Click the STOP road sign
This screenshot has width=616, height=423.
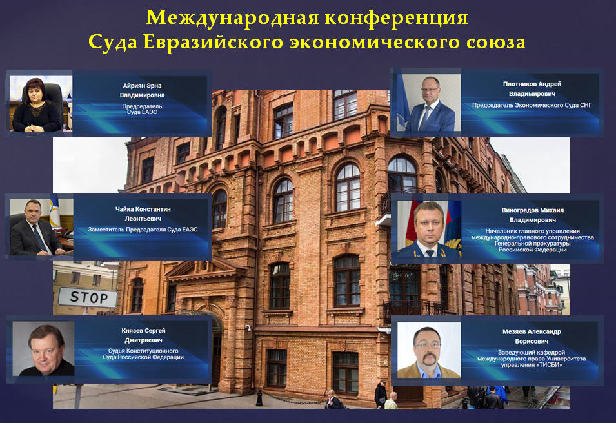click(88, 297)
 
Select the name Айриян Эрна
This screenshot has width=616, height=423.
click(142, 86)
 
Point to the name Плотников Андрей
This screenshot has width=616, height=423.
click(532, 84)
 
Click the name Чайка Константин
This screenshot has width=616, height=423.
click(143, 209)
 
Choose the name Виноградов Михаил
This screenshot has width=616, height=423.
click(532, 210)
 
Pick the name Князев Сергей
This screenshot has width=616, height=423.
click(143, 331)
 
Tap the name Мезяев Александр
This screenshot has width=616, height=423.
click(532, 331)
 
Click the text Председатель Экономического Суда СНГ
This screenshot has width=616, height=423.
click(532, 105)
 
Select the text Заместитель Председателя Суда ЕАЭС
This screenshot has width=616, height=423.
click(143, 230)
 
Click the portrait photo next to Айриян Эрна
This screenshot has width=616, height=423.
click(41, 104)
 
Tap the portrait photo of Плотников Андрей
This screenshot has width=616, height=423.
click(428, 103)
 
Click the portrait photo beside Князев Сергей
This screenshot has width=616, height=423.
click(43, 349)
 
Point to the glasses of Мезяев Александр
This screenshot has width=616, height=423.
click(428, 345)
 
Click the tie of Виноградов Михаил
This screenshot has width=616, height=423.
click(430, 253)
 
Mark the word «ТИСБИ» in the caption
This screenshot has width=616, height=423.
click(549, 365)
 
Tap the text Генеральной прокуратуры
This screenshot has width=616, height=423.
click(532, 244)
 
